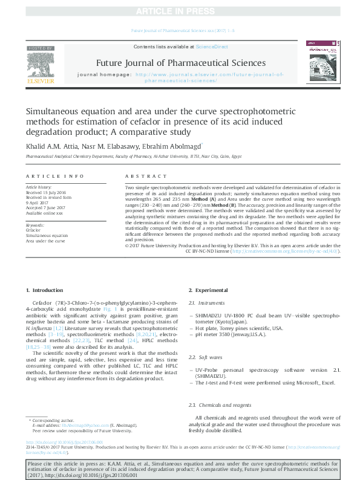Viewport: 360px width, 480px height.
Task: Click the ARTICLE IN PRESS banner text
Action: [180, 11]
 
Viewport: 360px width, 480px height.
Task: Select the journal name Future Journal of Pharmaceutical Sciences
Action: [180, 63]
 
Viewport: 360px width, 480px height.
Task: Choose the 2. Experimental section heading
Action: [208, 290]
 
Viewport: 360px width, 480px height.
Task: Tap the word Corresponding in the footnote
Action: [48, 420]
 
